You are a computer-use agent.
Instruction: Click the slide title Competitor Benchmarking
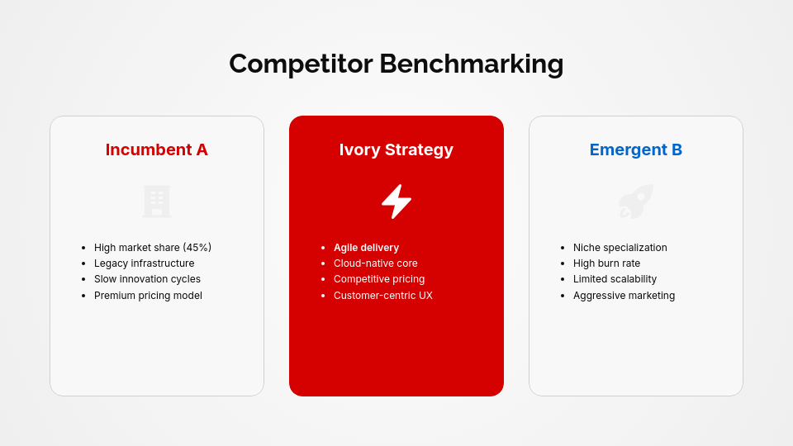396,64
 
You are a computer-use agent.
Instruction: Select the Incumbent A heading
156,149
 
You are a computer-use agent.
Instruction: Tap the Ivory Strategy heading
396,149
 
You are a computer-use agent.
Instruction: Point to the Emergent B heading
635,149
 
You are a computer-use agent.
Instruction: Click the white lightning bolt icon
396,202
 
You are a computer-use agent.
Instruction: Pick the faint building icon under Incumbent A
157,202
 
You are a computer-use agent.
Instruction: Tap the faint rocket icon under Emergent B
636,202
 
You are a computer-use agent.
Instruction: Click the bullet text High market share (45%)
152,248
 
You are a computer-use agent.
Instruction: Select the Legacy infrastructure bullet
144,263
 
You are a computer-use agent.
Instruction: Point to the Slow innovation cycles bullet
147,279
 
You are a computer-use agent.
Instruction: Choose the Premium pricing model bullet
148,296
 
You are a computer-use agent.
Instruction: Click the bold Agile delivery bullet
366,248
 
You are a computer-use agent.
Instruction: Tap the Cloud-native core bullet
375,263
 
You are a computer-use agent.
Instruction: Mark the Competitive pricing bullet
378,279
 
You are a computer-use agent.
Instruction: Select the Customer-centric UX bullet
382,296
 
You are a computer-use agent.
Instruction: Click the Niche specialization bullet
620,248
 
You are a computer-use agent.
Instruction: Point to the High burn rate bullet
606,263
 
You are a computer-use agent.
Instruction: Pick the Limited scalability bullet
615,279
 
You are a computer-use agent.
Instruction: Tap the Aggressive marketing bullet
624,296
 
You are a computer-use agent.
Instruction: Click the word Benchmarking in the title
471,64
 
